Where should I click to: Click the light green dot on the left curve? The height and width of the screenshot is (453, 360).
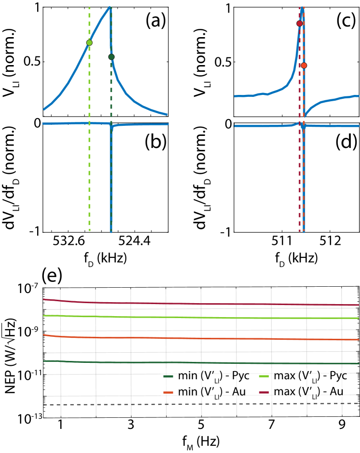coord(89,42)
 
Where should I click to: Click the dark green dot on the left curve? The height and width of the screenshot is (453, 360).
coord(111,57)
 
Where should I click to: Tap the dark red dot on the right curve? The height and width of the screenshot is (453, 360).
coord(299,23)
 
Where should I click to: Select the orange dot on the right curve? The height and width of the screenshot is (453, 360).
coord(304,65)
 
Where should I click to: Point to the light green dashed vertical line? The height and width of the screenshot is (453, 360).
coord(89,169)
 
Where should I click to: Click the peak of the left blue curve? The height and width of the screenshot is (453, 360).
coord(110,7)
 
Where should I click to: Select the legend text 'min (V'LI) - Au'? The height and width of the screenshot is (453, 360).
coord(212,392)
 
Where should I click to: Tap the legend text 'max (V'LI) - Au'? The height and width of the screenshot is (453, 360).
coord(308,392)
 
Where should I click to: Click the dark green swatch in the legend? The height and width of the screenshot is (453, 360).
coord(168,376)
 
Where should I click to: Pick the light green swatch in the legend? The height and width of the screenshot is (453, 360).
coord(264,376)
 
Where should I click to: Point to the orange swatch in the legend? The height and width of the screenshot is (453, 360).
coord(168,392)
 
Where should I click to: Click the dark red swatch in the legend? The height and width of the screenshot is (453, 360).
coord(264,392)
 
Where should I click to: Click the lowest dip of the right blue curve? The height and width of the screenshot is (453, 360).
coord(303,230)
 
